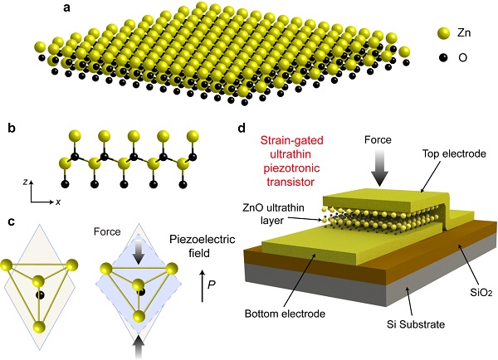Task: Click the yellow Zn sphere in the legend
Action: click(444, 34)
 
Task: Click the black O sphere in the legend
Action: click(444, 59)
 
